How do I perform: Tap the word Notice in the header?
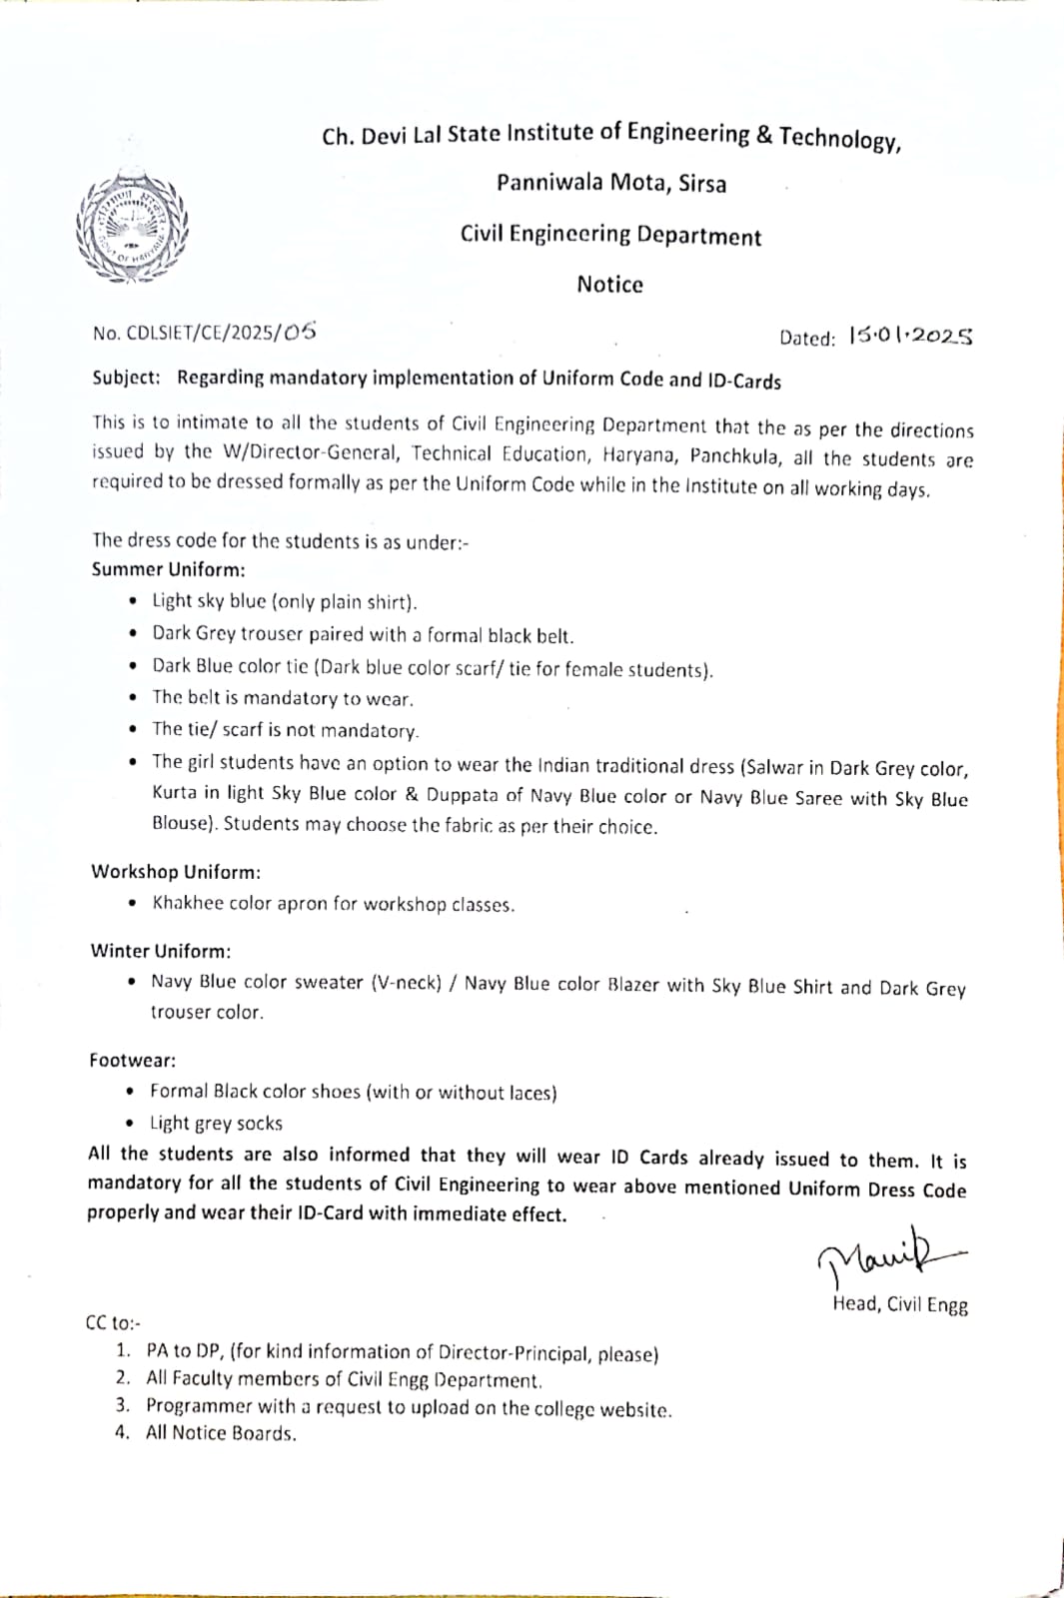click(x=609, y=285)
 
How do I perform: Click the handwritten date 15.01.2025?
click(x=910, y=337)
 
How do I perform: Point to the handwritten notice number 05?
click(x=299, y=332)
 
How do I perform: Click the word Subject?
click(x=126, y=378)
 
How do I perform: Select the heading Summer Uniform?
click(x=168, y=569)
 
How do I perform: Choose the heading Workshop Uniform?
click(x=176, y=871)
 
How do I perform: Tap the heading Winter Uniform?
click(x=160, y=951)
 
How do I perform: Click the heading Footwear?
click(x=132, y=1060)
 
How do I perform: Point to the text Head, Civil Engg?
click(x=899, y=1304)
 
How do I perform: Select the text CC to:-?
click(x=113, y=1323)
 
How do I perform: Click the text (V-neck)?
click(x=406, y=983)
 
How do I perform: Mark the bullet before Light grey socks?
click(x=132, y=1124)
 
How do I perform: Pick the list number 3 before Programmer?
click(x=122, y=1405)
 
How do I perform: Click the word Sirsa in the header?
click(x=702, y=184)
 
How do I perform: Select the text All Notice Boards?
click(x=221, y=1433)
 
